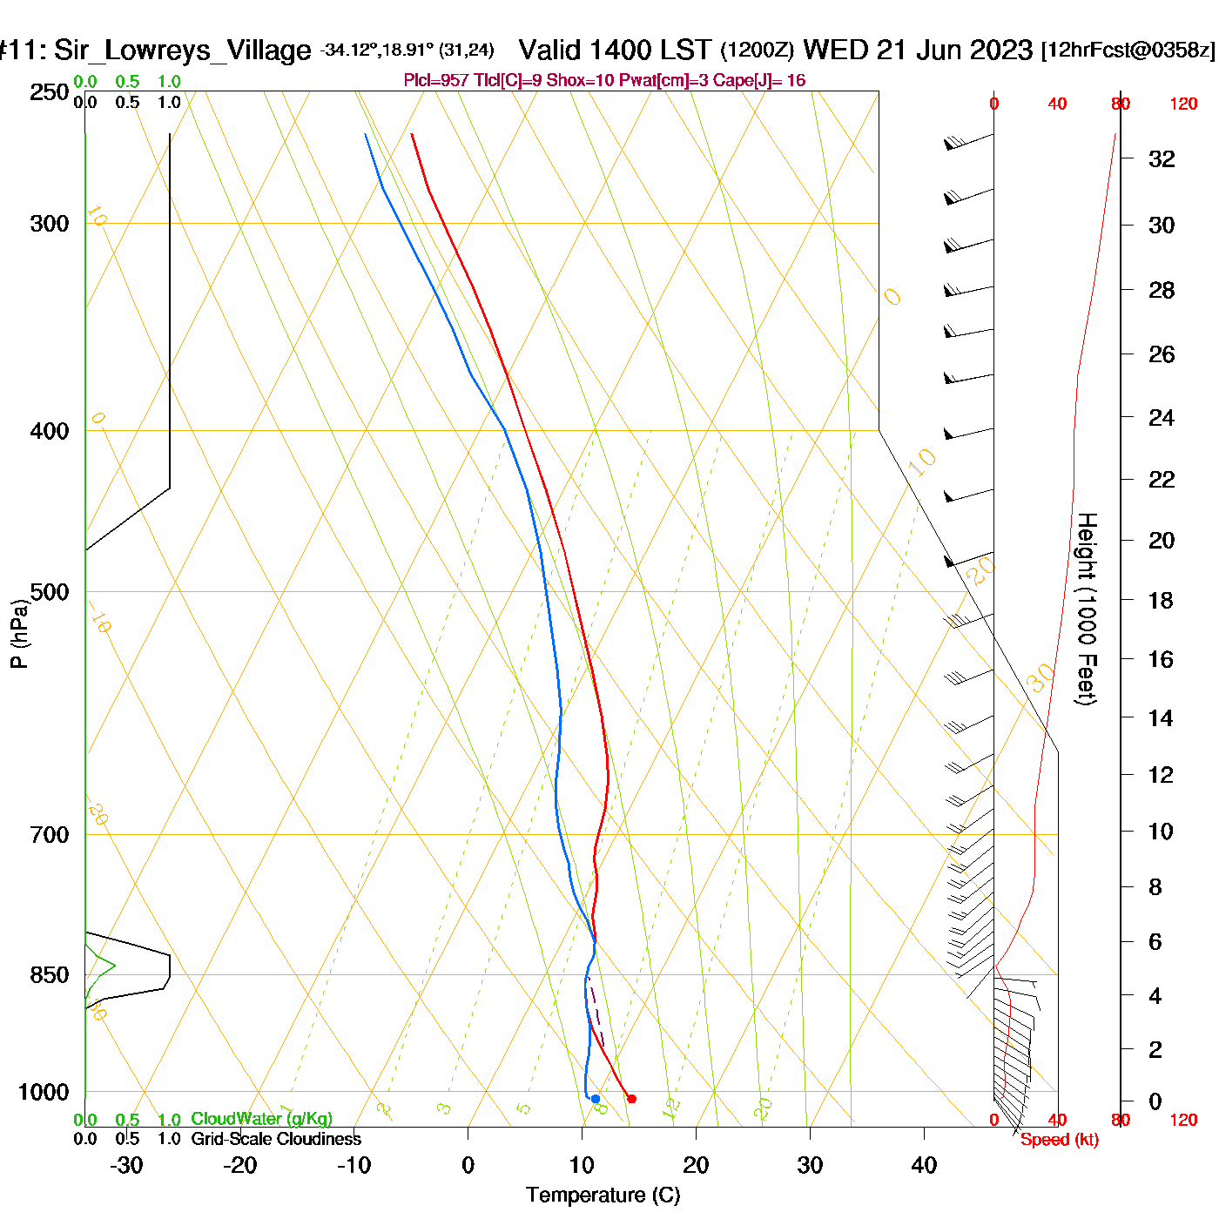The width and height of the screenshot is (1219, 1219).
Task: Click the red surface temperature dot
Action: pyautogui.click(x=631, y=1099)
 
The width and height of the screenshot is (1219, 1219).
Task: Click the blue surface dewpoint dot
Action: pyautogui.click(x=596, y=1099)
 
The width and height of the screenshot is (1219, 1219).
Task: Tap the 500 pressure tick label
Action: pyautogui.click(x=50, y=592)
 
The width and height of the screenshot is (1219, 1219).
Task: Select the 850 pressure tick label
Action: pyautogui.click(x=50, y=975)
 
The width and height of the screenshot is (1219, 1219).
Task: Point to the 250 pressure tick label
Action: pyautogui.click(x=50, y=92)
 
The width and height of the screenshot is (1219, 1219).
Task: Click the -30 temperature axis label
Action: pyautogui.click(x=126, y=1165)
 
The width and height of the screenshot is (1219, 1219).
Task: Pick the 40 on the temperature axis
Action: pyautogui.click(x=924, y=1165)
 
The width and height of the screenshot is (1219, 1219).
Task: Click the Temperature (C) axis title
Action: pyautogui.click(x=603, y=1195)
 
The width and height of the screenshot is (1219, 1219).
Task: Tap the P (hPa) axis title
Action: pyautogui.click(x=19, y=634)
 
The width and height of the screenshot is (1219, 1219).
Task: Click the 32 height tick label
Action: pyautogui.click(x=1162, y=158)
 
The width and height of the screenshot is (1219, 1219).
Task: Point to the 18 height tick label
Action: pyautogui.click(x=1161, y=600)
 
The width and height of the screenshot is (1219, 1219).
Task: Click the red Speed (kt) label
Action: pyautogui.click(x=1059, y=1140)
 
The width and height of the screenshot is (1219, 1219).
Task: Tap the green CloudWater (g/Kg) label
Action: pyautogui.click(x=261, y=1119)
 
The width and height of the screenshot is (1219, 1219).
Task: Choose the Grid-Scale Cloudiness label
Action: pyautogui.click(x=276, y=1139)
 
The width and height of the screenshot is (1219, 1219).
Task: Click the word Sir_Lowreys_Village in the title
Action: pyautogui.click(x=182, y=51)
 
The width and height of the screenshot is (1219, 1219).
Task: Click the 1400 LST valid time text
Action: pyautogui.click(x=651, y=50)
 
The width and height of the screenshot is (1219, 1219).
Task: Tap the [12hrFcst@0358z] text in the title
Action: pyautogui.click(x=1128, y=51)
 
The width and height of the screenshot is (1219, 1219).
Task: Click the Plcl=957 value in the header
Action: pyautogui.click(x=436, y=81)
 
